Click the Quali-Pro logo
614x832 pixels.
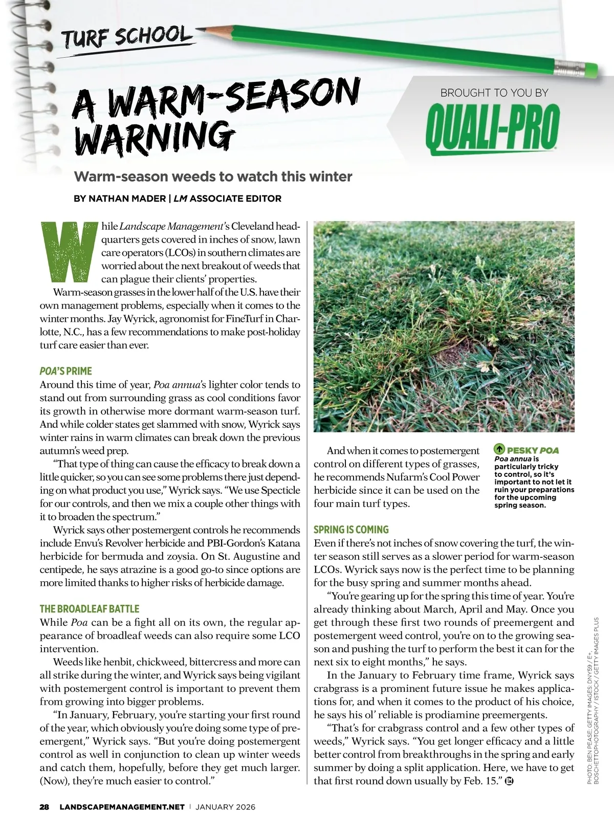click(492, 128)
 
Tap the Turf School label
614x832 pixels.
click(126, 37)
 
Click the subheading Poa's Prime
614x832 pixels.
click(66, 371)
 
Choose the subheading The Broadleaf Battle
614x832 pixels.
click(90, 609)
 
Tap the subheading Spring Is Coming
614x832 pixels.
click(351, 530)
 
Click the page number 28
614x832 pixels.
click(45, 807)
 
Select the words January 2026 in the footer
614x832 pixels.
click(225, 807)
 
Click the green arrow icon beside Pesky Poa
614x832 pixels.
click(499, 450)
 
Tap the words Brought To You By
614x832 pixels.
click(494, 93)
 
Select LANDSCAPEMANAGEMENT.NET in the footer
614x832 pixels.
click(122, 807)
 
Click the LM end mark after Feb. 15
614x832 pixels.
click(509, 781)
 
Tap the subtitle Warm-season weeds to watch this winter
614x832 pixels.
click(213, 177)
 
